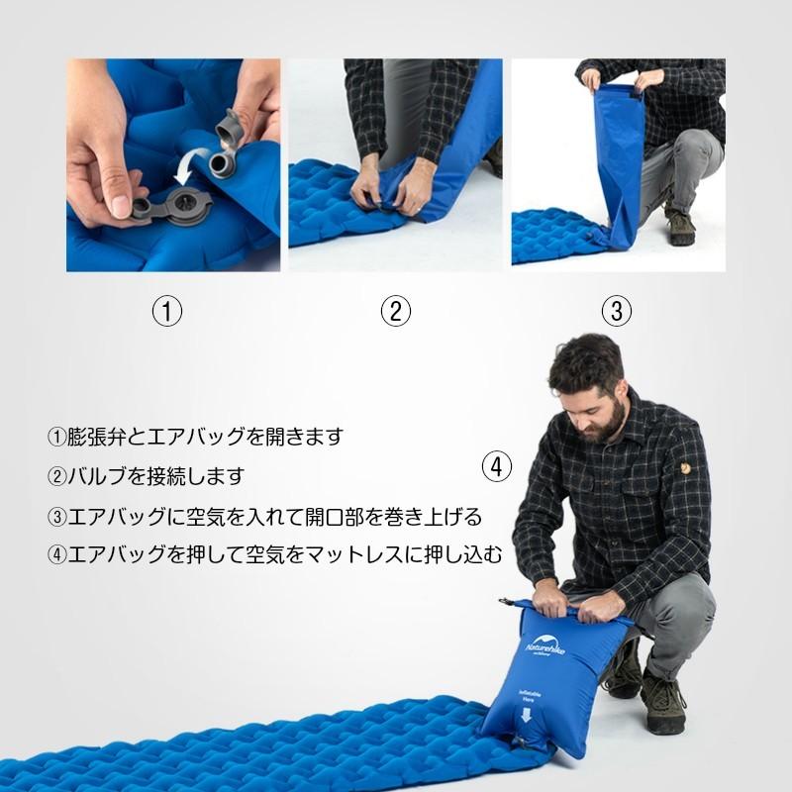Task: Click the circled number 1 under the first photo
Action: tap(167, 311)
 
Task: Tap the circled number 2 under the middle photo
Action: tap(395, 311)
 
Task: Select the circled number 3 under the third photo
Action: tap(616, 311)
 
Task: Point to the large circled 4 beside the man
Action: tap(497, 465)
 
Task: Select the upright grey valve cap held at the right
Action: tap(230, 127)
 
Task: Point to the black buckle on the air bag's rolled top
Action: tap(508, 603)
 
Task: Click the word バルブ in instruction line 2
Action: tap(102, 476)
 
